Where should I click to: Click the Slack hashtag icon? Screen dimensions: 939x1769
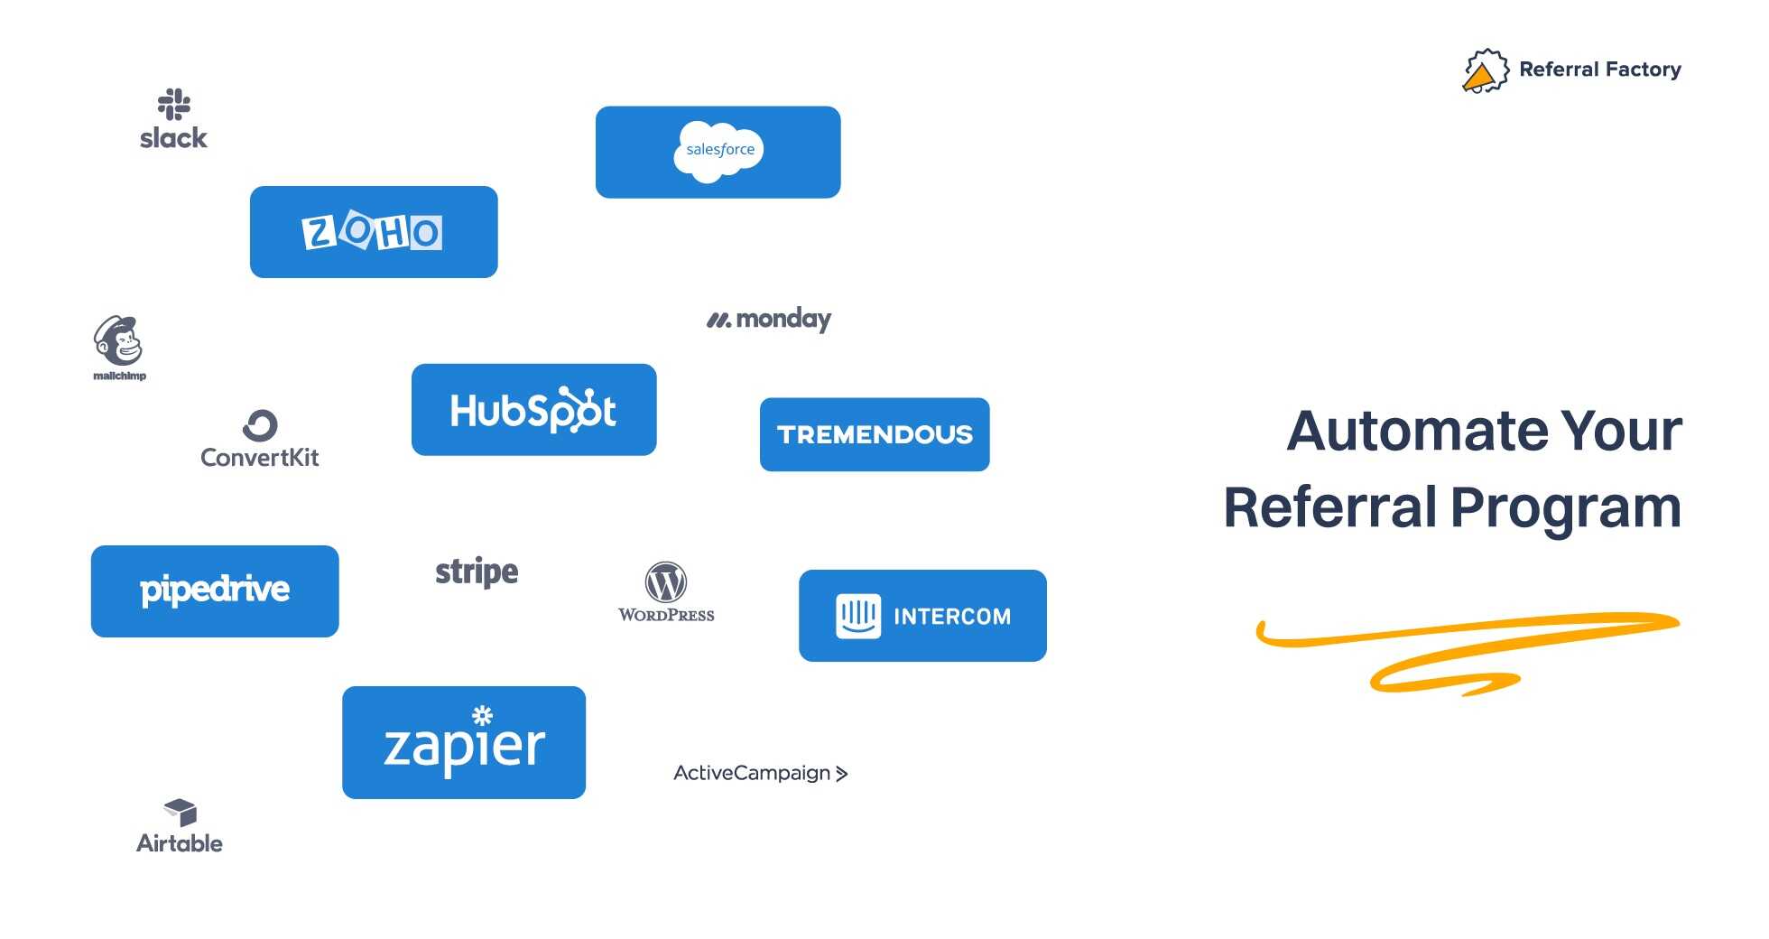pos(174,104)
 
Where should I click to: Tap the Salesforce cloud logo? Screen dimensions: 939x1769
pos(718,151)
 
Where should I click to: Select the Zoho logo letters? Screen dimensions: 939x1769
pos(372,232)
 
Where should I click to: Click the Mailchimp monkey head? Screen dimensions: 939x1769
pos(118,341)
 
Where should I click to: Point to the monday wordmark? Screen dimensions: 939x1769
pos(783,319)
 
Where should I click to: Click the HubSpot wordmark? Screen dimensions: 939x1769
pos(533,411)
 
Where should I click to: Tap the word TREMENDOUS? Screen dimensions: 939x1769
pos(875,434)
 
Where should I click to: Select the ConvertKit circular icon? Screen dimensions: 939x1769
pos(260,425)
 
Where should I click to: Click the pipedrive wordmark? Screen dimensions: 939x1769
pos(215,590)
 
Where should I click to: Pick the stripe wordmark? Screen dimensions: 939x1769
pos(477,572)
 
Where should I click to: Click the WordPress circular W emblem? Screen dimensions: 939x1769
pos(666,582)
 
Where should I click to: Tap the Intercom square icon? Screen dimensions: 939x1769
pos(857,616)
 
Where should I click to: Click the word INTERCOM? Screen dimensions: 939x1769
pos(952,617)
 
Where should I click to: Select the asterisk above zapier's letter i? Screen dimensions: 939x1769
pos(483,715)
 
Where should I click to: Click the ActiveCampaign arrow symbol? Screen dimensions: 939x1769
pos(841,774)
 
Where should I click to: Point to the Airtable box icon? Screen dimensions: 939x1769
pos(181,812)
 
